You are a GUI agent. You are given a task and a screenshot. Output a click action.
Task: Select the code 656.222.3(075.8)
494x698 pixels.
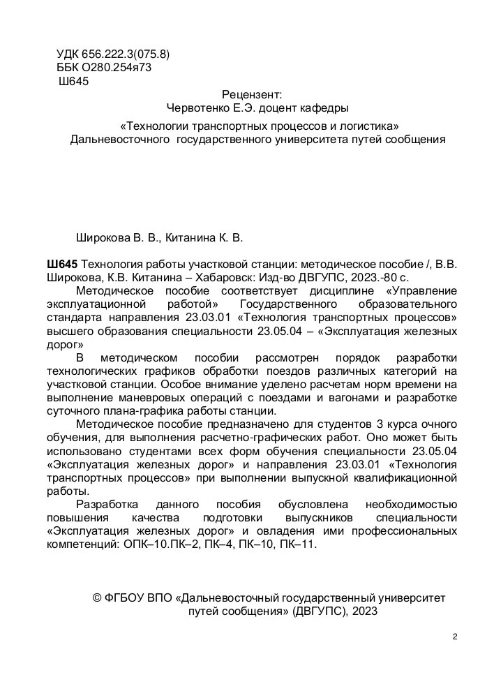click(126, 54)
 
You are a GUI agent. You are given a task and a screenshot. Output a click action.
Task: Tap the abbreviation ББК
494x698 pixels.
click(67, 68)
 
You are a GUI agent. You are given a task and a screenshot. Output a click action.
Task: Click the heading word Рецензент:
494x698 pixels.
click(251, 94)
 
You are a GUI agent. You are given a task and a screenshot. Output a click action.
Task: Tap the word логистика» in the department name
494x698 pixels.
click(368, 126)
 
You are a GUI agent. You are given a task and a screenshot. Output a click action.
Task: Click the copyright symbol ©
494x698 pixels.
click(98, 598)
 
